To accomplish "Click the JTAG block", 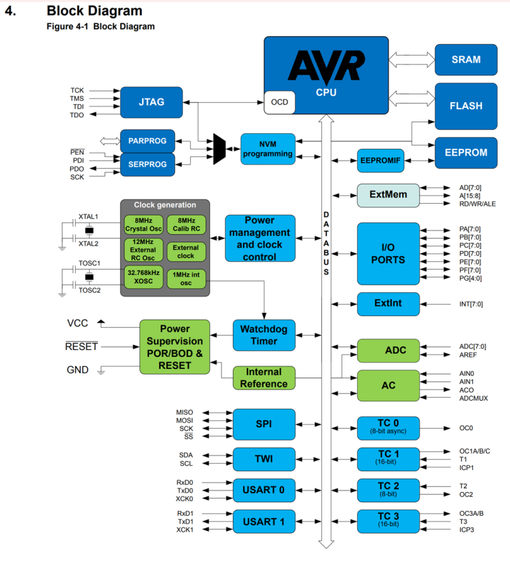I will click(152, 101).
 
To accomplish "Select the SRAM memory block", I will click(466, 60).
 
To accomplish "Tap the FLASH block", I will click(466, 106).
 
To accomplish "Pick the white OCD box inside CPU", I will click(279, 102).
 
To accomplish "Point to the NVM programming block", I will click(268, 149).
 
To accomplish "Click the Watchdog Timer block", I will click(264, 335).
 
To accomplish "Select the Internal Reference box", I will click(264, 377).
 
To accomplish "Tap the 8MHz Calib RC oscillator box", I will click(185, 224).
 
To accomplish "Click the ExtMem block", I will click(388, 195).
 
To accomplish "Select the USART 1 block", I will click(264, 522).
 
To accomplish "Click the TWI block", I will click(264, 459).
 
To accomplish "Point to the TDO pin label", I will click(77, 115).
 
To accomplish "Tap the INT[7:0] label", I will click(471, 304).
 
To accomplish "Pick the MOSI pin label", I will click(185, 420).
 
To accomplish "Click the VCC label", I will click(78, 323).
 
